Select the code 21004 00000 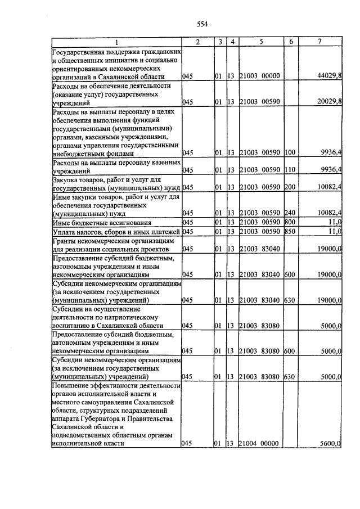click(259, 444)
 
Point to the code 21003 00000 click(259, 76)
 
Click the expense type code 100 click(290, 152)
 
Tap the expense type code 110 click(290, 170)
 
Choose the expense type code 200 click(290, 187)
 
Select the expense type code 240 click(290, 213)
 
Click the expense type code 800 click(290, 222)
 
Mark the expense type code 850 click(290, 231)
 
